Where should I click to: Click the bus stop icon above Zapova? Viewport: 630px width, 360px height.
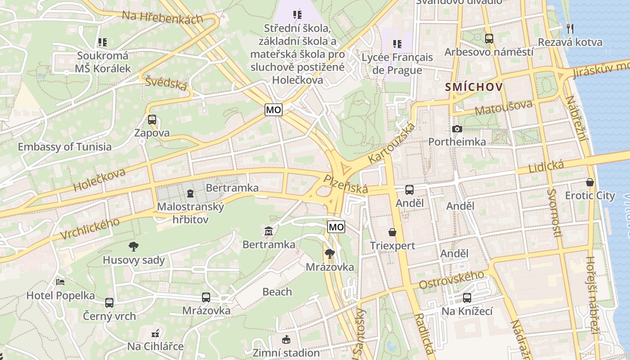click(152, 120)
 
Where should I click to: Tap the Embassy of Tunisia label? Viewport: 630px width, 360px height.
click(64, 147)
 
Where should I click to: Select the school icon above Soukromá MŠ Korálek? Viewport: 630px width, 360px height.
click(103, 42)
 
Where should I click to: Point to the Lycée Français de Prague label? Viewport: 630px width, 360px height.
click(397, 64)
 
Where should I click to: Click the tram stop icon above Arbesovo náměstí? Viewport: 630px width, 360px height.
click(489, 39)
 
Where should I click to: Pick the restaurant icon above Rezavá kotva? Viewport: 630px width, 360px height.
click(570, 29)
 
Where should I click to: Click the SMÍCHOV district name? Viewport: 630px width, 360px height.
click(473, 87)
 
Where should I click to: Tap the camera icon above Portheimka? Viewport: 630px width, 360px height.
click(457, 129)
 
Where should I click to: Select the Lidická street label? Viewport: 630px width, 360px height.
click(546, 166)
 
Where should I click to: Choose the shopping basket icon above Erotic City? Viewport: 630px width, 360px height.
click(590, 182)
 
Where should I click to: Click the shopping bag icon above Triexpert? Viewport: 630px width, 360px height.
click(392, 232)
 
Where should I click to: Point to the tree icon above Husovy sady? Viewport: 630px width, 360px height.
click(134, 247)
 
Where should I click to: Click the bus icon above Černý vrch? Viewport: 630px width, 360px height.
click(109, 303)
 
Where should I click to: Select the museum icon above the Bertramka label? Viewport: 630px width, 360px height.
click(269, 231)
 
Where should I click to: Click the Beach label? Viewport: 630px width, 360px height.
click(277, 292)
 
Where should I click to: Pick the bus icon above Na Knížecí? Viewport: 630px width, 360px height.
click(467, 298)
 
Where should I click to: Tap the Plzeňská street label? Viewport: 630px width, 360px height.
click(346, 184)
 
